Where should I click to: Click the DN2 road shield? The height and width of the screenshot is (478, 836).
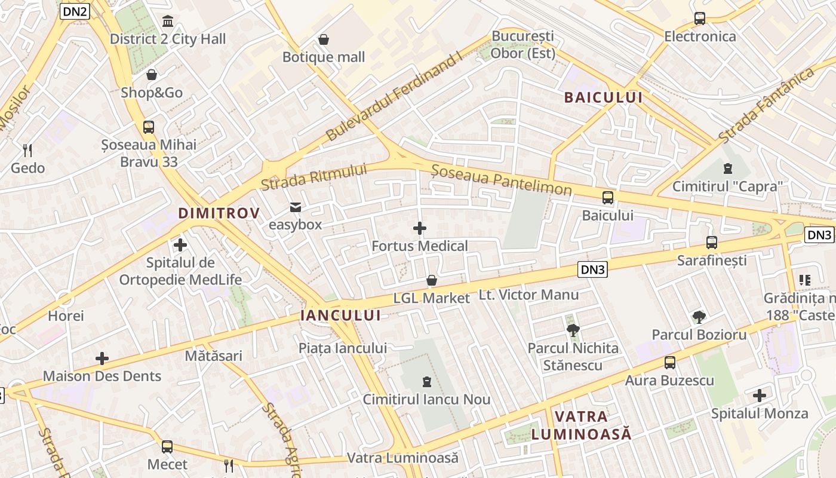click(x=75, y=11)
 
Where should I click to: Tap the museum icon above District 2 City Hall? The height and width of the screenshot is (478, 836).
click(x=168, y=22)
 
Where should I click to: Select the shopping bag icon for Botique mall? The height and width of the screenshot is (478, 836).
click(x=324, y=39)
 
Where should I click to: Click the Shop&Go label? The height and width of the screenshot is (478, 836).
click(x=152, y=93)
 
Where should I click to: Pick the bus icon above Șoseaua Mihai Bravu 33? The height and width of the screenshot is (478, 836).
click(x=149, y=127)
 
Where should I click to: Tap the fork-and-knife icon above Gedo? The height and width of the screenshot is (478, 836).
click(x=27, y=150)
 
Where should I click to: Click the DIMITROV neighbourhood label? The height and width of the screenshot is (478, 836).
click(x=219, y=213)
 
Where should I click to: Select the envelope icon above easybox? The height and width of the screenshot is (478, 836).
click(x=295, y=207)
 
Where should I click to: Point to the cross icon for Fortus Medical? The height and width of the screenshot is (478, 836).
click(x=420, y=228)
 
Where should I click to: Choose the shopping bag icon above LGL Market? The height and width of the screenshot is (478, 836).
click(x=432, y=280)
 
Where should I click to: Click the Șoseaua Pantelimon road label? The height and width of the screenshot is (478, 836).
click(x=502, y=181)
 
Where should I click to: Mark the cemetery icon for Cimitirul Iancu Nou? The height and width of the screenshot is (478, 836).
click(x=426, y=381)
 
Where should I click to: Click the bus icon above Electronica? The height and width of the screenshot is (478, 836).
click(x=700, y=19)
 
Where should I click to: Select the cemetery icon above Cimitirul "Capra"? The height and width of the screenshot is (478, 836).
click(x=727, y=168)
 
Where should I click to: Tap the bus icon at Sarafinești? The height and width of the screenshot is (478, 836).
click(x=711, y=243)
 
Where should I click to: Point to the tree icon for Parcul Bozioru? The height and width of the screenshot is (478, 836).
click(x=699, y=317)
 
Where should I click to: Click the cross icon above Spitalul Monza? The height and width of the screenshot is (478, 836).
click(x=760, y=396)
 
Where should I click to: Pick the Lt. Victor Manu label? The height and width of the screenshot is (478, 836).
click(x=529, y=295)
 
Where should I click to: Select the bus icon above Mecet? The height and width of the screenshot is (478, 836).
click(x=167, y=446)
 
